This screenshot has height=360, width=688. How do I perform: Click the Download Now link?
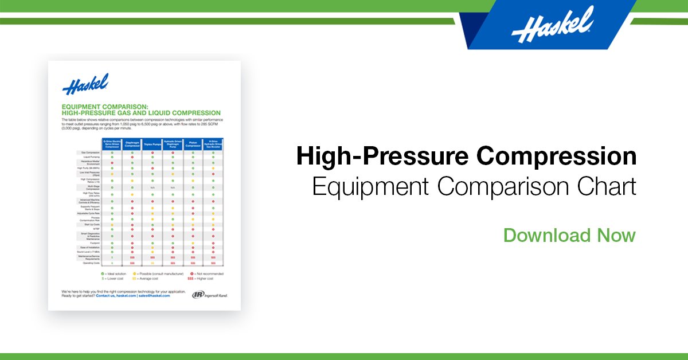(569, 236)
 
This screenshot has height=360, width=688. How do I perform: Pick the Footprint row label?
(90, 243)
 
